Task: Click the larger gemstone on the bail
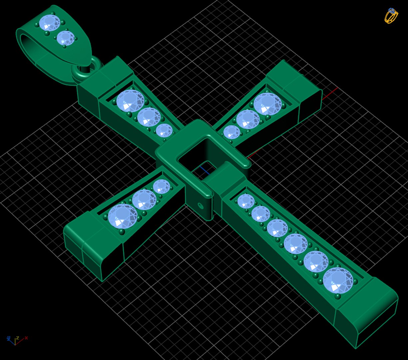(x=49, y=23)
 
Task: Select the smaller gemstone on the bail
(x=66, y=38)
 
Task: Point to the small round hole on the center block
(x=201, y=206)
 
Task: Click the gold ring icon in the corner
(x=391, y=16)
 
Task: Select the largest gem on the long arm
(x=338, y=280)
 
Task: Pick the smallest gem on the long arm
(x=246, y=201)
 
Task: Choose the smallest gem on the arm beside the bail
(x=164, y=130)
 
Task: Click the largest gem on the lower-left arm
(x=122, y=216)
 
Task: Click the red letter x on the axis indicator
(x=26, y=338)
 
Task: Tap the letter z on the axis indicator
(x=17, y=338)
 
